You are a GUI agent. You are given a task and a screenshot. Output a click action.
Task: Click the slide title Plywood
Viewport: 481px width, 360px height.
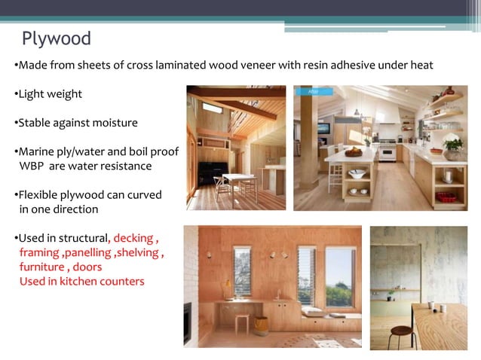pos(56,38)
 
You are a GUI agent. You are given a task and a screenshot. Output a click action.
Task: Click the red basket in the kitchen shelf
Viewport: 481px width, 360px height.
pos(446,197)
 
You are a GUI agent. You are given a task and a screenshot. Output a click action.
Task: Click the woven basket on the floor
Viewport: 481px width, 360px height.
pos(261,325)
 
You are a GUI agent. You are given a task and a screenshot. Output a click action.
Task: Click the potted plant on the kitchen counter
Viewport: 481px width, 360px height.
pos(453,146)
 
